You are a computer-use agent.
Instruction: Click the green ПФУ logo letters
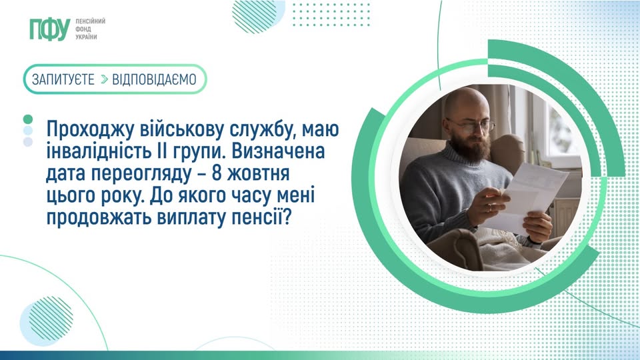click(50, 29)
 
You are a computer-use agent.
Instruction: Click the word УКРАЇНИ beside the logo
click(86, 37)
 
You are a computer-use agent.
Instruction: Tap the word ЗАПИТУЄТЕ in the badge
click(63, 79)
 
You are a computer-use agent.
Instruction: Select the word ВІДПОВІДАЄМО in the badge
click(154, 79)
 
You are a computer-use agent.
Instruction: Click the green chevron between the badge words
click(104, 79)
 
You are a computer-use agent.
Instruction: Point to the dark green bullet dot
click(28, 119)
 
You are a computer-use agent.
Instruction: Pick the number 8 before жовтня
click(216, 173)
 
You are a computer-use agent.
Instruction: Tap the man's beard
click(472, 147)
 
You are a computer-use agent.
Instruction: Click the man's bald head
click(466, 102)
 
